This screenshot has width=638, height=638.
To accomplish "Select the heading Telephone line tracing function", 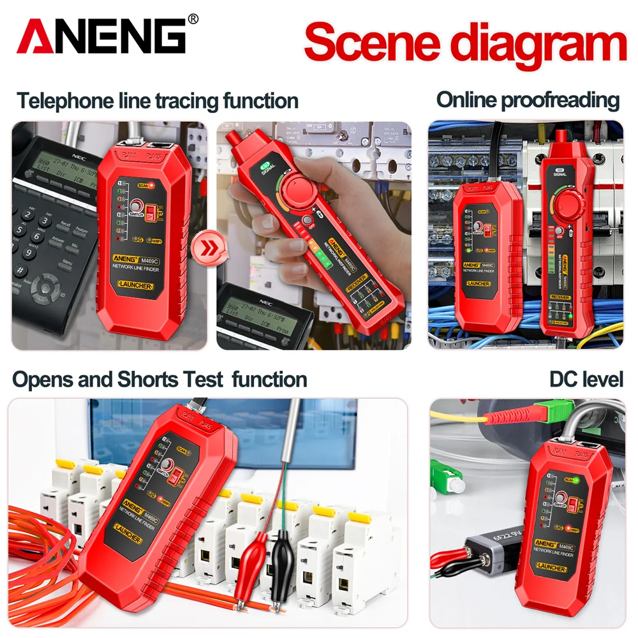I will point(157,101).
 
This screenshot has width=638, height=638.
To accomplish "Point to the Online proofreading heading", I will point(528,100).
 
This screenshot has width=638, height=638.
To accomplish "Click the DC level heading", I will point(586,379).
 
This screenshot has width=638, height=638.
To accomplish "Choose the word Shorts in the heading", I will point(149,380).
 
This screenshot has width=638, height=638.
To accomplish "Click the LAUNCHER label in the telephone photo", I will point(135,286).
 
